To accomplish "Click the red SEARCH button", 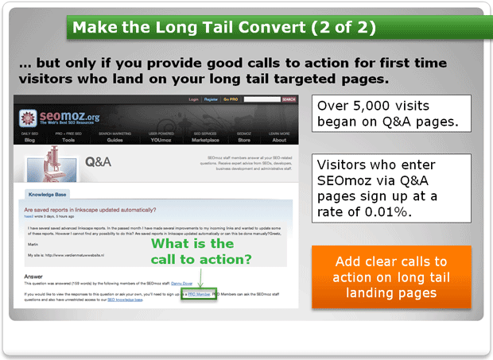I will click(289, 99).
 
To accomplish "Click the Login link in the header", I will click(193, 99).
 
